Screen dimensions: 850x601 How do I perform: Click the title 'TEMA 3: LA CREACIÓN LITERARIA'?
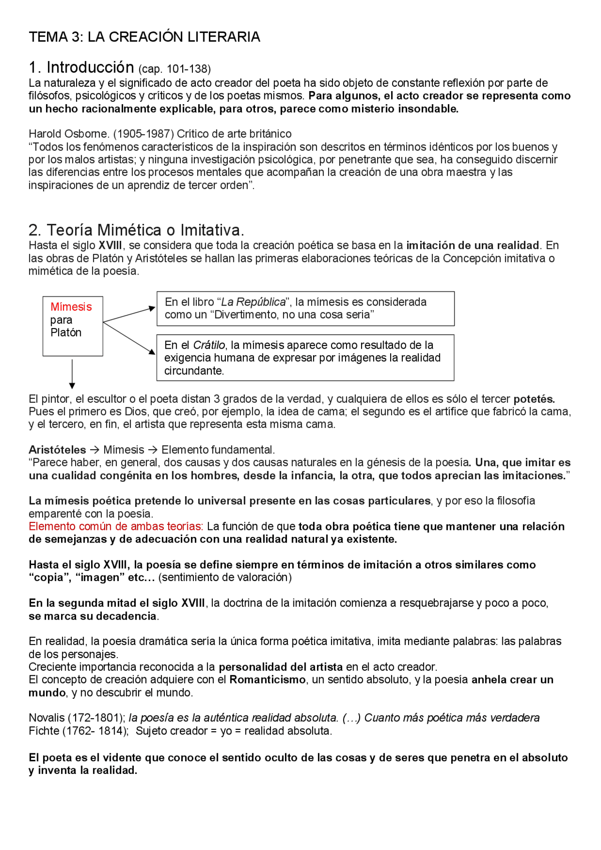(x=144, y=37)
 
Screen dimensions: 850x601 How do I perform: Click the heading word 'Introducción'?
(x=90, y=68)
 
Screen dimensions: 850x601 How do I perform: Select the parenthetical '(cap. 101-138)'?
(x=174, y=69)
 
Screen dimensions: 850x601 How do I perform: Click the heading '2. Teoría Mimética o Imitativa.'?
(x=136, y=230)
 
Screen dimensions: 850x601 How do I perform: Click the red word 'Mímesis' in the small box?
(x=71, y=307)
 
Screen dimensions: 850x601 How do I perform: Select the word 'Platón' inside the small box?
(x=66, y=333)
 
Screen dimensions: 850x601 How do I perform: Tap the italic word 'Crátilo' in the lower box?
(x=209, y=345)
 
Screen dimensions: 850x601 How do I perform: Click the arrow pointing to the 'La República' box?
(x=129, y=315)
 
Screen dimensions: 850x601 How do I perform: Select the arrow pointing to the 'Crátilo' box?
(x=129, y=338)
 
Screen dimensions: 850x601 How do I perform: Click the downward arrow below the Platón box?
(x=72, y=374)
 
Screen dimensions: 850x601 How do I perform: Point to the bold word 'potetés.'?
(x=534, y=399)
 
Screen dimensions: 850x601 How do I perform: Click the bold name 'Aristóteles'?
(x=57, y=450)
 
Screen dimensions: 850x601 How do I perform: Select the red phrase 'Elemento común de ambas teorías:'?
(x=116, y=527)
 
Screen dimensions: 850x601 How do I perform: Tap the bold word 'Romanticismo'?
(x=267, y=680)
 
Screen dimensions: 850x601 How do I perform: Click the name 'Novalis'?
(x=46, y=718)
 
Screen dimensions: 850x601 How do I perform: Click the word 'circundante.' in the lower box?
(x=194, y=371)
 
